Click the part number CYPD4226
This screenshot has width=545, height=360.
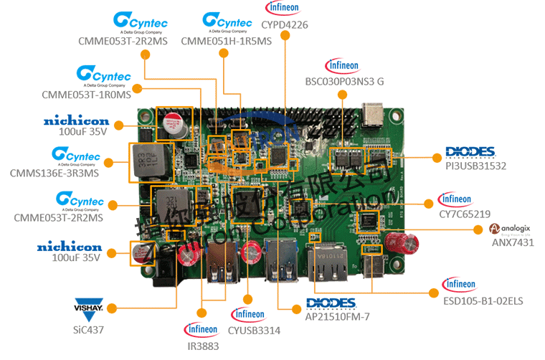point(285,25)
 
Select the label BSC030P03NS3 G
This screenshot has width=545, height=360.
point(343,82)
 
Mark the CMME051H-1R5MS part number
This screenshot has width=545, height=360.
point(227,41)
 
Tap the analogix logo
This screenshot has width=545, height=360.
point(510,229)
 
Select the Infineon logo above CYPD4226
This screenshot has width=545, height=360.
point(285,8)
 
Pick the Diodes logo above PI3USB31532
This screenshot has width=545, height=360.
point(470,152)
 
